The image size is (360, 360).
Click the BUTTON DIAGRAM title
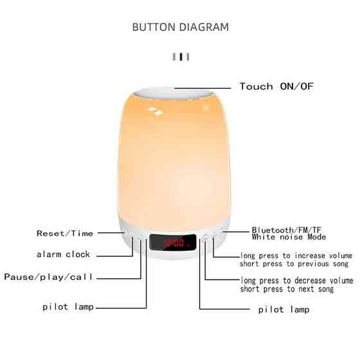180,27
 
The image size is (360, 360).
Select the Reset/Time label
65,233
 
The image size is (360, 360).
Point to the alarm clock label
64,255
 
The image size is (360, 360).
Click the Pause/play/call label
49,277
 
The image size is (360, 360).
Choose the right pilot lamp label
283,310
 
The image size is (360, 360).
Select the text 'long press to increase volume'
296,255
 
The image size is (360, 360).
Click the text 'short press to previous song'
294,264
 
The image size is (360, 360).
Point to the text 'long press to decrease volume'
296,280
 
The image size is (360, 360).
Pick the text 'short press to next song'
287,289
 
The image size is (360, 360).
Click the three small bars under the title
181,57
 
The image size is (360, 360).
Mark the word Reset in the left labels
49,233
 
